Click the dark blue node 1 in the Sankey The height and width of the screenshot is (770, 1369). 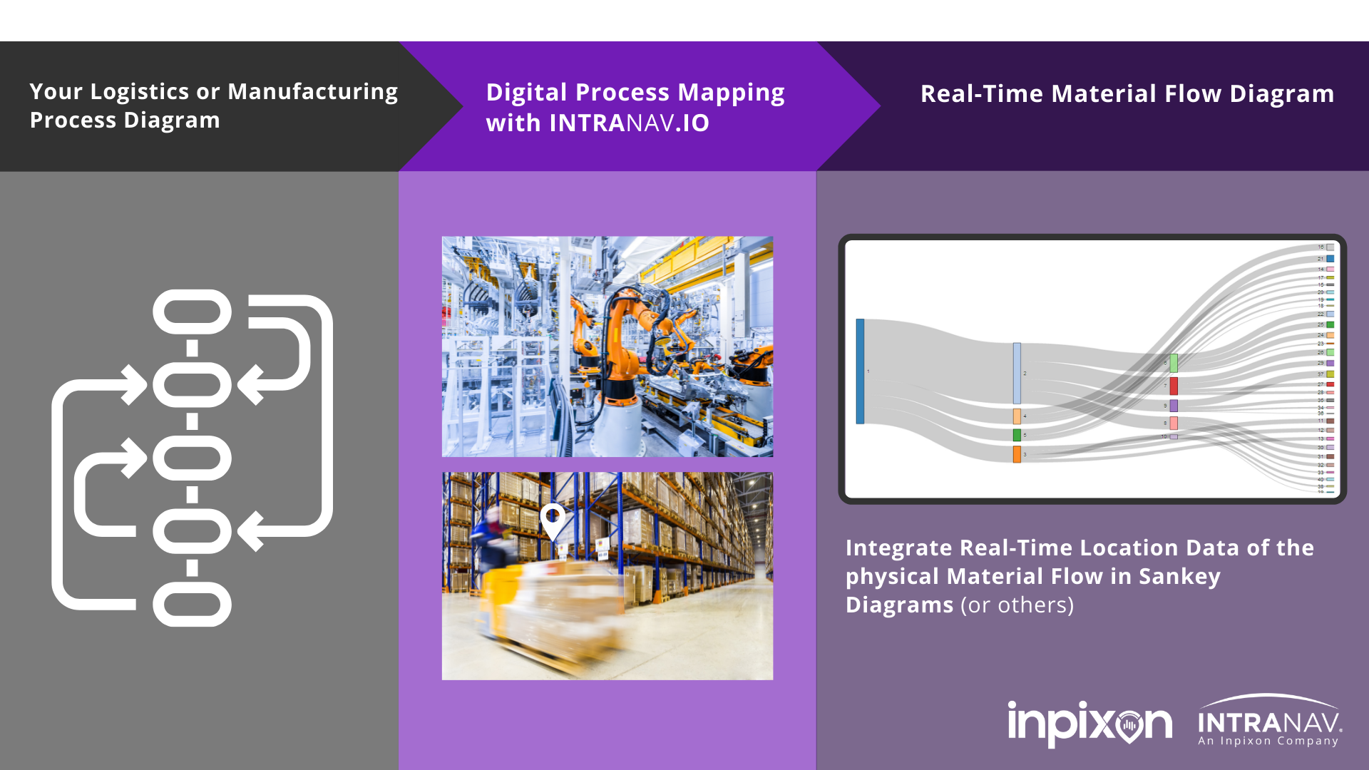coord(860,371)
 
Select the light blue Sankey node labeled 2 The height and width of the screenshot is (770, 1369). coord(1017,373)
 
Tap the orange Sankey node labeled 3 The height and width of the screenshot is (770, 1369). coord(1017,454)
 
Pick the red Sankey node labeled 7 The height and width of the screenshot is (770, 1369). coord(1174,386)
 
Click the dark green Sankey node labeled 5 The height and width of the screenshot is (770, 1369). coord(1017,435)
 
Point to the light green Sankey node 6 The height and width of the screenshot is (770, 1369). coord(1174,363)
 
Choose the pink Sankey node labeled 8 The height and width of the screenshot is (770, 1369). coord(1174,423)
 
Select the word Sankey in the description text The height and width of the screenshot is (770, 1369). coord(1179,576)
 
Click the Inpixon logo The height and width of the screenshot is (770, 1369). coord(1089,724)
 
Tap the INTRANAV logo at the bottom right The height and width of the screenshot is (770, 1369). coord(1269,722)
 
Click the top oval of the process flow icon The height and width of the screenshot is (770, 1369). coord(193,312)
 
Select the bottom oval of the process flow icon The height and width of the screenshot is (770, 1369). coord(193,605)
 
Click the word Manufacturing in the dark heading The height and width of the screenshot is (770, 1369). coord(312,92)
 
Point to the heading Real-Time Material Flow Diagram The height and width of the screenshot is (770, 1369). coord(1127,94)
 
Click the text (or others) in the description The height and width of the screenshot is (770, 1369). coord(1017,605)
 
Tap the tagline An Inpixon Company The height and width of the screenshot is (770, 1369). coord(1268,741)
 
